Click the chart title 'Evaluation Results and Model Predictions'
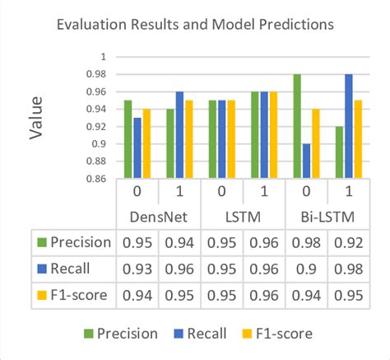195,25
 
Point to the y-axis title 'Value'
36,119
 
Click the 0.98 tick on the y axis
96,74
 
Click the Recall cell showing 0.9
307,269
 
